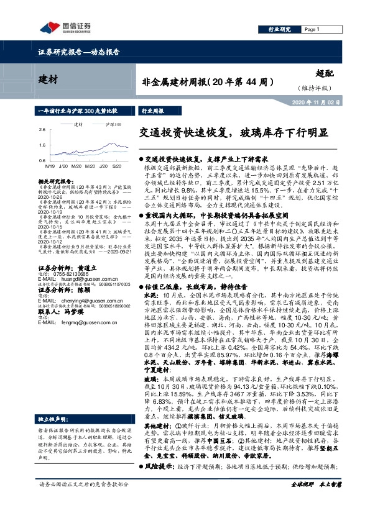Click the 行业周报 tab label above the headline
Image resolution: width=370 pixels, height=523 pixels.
pos(153,110)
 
